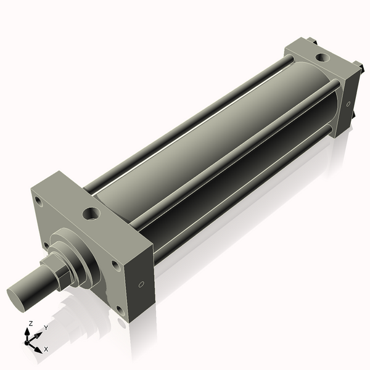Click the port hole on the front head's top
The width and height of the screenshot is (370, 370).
(x=92, y=213)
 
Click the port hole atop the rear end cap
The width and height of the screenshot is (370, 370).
(x=321, y=57)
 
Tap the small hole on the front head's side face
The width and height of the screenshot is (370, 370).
(x=142, y=284)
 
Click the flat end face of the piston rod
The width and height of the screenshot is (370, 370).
(x=19, y=295)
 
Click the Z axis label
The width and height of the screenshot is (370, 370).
(x=31, y=324)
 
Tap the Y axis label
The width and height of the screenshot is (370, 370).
(x=46, y=328)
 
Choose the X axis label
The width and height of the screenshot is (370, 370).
(x=46, y=349)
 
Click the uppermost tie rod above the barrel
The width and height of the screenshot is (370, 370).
(x=185, y=123)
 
